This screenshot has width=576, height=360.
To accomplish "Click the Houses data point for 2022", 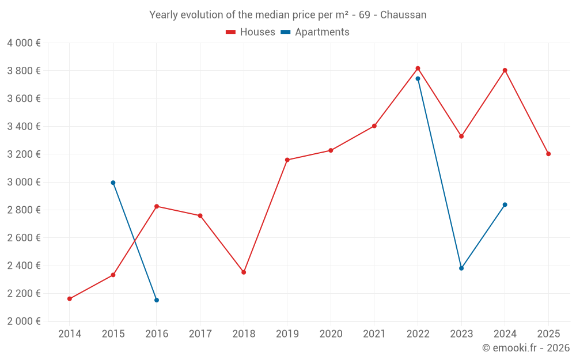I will click(418, 69).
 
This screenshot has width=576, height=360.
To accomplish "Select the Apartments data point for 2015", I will click(113, 183).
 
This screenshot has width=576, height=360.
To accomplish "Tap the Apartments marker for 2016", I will click(157, 300).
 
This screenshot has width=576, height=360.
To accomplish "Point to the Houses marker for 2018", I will click(244, 272).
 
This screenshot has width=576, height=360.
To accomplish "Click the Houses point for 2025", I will click(548, 154).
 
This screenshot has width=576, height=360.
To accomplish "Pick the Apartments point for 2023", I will click(461, 268).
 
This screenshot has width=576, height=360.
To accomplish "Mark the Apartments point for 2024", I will click(505, 204).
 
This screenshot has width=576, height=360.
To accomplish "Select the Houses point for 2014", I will click(70, 299).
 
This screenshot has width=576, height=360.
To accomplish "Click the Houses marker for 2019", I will click(287, 160).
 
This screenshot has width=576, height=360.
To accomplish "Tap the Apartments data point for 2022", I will click(418, 79).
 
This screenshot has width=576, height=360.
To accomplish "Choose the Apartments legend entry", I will click(315, 32).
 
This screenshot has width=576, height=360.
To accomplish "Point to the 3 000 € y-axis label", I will click(24, 182).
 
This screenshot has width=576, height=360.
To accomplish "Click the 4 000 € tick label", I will click(24, 43).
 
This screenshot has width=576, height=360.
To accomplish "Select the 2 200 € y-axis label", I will click(24, 293).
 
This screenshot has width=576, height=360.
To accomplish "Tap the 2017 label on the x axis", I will click(200, 334).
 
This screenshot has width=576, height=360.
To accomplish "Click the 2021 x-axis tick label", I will click(374, 334).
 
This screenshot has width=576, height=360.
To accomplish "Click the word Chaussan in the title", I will click(406, 15).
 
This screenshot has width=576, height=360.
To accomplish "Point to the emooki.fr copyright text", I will click(525, 348).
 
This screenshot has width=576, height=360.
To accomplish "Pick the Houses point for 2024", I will click(505, 70).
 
